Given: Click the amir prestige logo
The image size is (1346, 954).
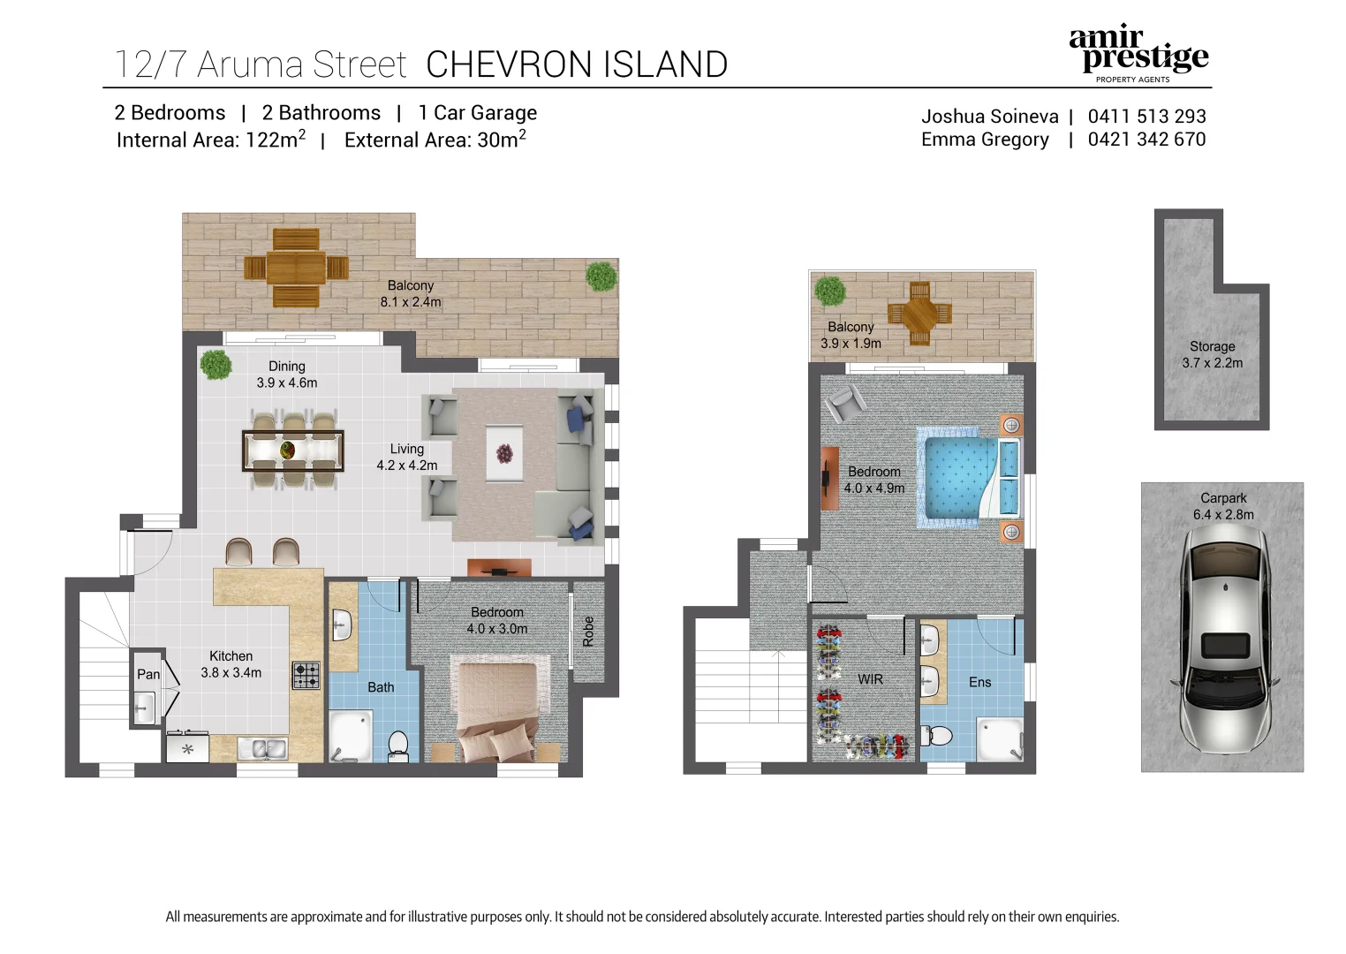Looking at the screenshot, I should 1138,53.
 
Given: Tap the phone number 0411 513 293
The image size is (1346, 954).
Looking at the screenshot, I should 1146,117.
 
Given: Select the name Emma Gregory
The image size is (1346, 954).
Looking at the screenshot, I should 985,140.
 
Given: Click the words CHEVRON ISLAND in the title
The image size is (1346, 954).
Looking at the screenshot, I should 577,64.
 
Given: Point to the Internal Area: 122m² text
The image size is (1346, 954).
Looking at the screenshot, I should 211,140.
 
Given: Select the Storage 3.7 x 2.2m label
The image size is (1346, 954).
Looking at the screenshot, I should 1212,355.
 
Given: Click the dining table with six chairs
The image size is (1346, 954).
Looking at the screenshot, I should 292,450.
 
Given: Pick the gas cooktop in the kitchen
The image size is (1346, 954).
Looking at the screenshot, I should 306,676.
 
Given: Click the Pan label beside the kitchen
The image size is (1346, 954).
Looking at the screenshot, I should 148,674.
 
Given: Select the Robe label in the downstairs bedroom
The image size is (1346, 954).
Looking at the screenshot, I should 589,631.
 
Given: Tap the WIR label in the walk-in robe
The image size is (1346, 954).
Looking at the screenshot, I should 870,679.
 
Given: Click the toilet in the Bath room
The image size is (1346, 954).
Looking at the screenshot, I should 398,744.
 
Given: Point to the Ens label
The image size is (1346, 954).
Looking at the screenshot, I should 979,682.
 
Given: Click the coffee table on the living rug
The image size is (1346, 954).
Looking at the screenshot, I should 504,454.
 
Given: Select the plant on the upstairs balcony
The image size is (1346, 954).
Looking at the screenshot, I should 829,290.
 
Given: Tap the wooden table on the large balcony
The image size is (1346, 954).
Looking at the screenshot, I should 296,268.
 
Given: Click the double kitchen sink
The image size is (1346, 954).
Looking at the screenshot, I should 263,749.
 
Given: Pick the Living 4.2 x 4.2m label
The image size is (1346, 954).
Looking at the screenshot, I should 407,458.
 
